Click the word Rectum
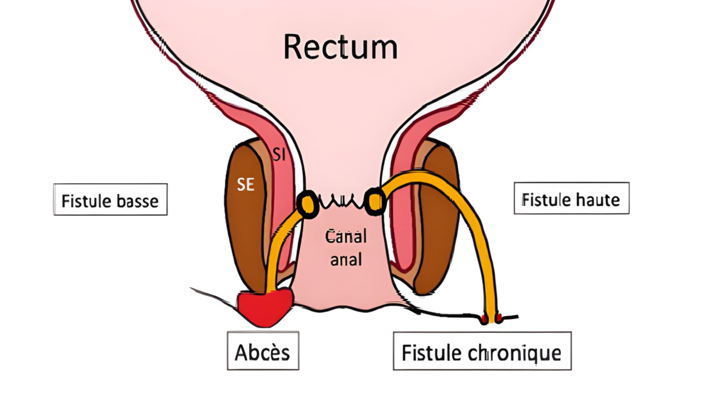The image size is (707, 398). (x=341, y=47)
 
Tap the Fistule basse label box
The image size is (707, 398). (x=110, y=199)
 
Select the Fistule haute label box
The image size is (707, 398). (x=571, y=198)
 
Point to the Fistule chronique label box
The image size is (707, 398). (x=482, y=351)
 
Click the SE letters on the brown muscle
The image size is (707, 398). (x=245, y=184)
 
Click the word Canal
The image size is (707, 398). (x=346, y=236)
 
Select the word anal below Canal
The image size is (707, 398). (x=346, y=260)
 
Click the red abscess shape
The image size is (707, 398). (x=265, y=307)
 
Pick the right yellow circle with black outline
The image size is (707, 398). (x=374, y=201)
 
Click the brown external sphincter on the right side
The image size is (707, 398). (x=438, y=221)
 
